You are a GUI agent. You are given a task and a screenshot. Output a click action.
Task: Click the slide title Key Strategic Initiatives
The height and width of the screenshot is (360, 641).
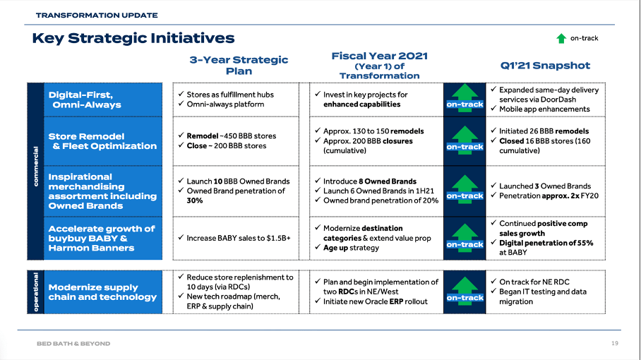click(x=133, y=38)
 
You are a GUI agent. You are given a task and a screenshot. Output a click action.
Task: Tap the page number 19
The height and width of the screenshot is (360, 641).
click(x=614, y=343)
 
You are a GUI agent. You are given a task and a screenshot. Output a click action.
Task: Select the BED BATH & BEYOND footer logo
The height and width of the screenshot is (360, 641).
click(x=73, y=344)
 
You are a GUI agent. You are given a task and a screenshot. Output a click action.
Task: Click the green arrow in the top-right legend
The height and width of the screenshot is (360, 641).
click(x=561, y=38)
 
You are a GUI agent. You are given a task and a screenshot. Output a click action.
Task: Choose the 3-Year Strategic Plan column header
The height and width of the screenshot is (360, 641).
click(x=239, y=65)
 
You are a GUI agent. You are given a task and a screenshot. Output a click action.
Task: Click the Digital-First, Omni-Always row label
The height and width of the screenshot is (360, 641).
click(x=85, y=100)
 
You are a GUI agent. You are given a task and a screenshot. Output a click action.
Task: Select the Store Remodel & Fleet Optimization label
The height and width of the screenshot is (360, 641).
click(x=102, y=141)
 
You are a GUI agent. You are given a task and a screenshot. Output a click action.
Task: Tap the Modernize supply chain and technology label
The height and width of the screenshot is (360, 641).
click(x=102, y=292)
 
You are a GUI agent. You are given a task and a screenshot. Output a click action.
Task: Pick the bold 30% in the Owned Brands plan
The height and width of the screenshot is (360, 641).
click(x=195, y=200)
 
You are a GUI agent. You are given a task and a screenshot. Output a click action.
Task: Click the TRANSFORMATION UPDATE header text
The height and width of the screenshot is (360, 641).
click(x=97, y=15)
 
